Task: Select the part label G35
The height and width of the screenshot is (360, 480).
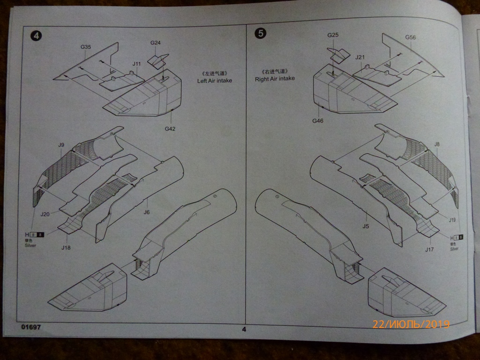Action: (86, 47)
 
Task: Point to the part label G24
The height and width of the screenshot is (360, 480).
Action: (156, 43)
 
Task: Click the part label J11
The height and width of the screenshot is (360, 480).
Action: (136, 64)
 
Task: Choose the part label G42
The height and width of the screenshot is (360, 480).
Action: (170, 129)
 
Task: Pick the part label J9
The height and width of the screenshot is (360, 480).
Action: (61, 145)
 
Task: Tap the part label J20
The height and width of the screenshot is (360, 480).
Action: (45, 214)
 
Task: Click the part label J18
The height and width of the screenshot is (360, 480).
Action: (66, 248)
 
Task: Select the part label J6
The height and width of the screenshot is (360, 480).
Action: (146, 212)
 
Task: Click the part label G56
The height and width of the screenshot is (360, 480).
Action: (411, 37)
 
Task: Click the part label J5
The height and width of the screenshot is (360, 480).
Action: (366, 226)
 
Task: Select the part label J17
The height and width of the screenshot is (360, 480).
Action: (429, 250)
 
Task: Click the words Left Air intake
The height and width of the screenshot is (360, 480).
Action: (215, 81)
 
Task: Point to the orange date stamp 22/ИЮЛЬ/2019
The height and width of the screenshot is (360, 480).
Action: (411, 324)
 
